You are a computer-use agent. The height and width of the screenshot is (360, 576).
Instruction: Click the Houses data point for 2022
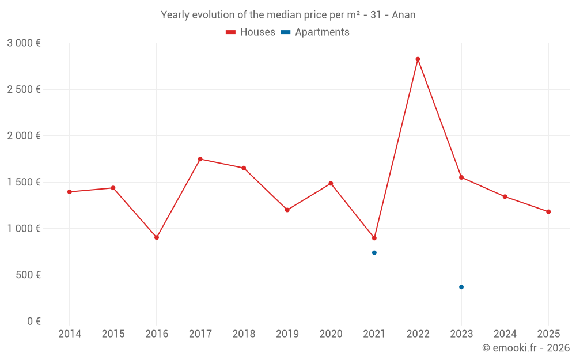click(418, 59)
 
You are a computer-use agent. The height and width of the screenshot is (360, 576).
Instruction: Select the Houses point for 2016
click(157, 237)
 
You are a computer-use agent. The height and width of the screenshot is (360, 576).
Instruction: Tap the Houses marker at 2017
click(200, 159)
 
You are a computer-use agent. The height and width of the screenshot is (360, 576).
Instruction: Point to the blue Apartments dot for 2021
click(374, 253)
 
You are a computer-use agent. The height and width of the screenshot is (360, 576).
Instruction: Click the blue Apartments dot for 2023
click(461, 287)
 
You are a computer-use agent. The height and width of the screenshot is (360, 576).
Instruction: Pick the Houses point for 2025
click(548, 212)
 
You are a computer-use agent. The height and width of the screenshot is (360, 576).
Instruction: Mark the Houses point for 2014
click(70, 192)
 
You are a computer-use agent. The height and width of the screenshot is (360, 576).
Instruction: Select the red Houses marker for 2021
click(374, 238)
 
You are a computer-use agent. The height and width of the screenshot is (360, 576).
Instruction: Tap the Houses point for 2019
click(287, 210)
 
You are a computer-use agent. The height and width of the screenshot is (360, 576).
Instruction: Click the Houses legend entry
click(251, 32)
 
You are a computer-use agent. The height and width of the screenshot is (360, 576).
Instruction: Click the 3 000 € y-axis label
click(24, 43)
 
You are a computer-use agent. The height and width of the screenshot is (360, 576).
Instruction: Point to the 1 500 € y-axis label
click(24, 182)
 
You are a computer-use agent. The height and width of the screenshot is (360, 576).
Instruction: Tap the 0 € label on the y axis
click(33, 321)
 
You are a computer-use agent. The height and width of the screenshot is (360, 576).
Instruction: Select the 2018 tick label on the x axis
click(244, 334)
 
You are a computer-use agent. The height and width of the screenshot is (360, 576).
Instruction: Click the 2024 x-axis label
click(505, 334)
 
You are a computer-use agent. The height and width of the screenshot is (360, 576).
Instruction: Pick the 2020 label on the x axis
click(331, 334)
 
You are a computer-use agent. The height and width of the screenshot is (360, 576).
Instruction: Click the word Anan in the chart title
click(403, 15)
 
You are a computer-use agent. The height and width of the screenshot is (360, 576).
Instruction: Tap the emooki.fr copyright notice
click(525, 348)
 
